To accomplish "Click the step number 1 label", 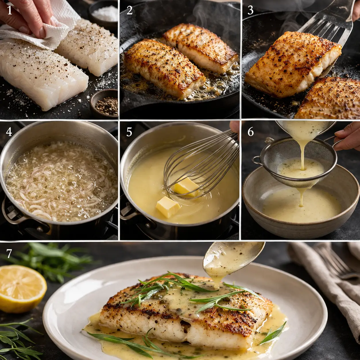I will [9, 10].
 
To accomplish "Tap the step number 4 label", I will [9, 132].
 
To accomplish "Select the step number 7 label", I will [9, 253].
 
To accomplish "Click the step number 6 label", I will [250, 132].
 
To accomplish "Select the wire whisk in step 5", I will [201, 167].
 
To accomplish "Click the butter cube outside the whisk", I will [167, 206].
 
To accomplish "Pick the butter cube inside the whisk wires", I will [186, 186].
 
